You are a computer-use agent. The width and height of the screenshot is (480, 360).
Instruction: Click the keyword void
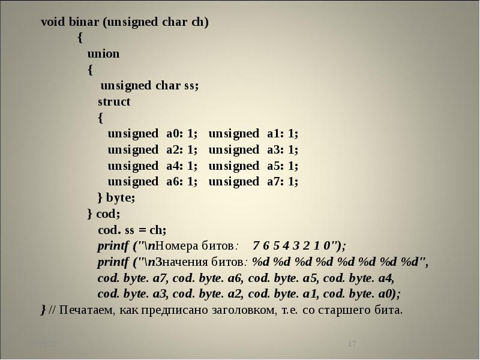52,23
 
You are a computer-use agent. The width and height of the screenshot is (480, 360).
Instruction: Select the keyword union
103,54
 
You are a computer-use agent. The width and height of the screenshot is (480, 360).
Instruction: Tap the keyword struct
114,102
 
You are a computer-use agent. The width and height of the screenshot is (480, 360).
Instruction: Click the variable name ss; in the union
191,86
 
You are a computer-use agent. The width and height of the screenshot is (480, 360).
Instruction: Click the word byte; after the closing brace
121,198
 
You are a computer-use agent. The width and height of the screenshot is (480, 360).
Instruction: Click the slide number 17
352,344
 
